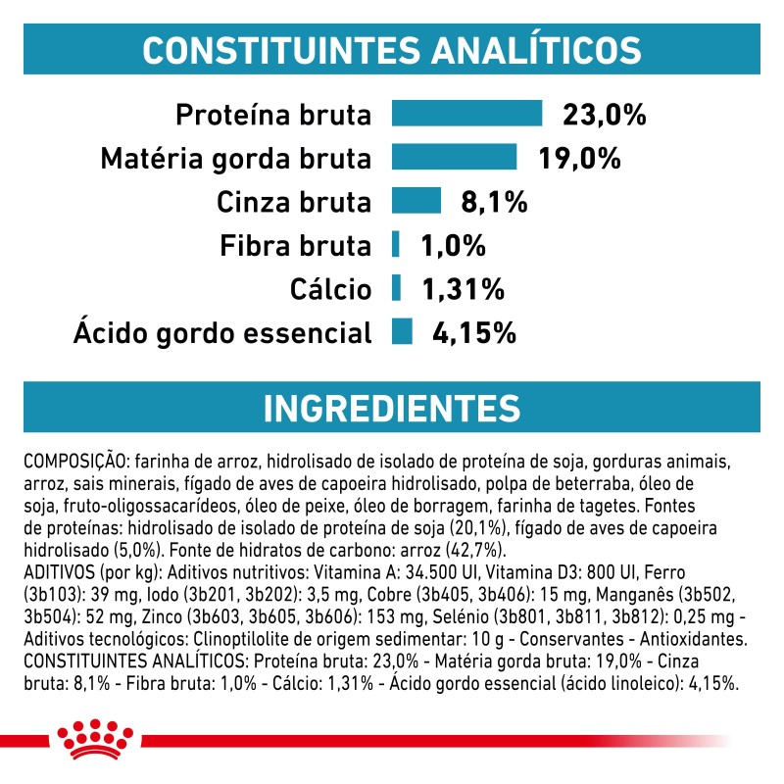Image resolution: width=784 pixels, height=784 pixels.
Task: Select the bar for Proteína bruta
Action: [x=466, y=114]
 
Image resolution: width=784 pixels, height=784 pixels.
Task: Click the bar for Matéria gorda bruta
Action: [x=454, y=158]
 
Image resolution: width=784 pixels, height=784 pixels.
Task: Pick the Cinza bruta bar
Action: [x=416, y=202]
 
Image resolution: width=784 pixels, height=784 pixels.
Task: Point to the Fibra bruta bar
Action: [x=396, y=245]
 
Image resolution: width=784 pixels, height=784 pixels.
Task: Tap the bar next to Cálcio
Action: [x=396, y=288]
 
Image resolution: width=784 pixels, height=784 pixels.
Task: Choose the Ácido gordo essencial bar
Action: [x=401, y=332]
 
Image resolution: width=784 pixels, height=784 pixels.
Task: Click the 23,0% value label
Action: [x=604, y=115]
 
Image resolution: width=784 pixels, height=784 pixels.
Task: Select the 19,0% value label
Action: [x=578, y=158]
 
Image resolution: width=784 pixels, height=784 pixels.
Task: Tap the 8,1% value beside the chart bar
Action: [x=494, y=202]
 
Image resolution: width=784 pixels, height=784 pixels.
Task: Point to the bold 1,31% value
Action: [x=462, y=288]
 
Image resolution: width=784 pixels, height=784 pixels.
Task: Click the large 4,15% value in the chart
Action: [x=473, y=332]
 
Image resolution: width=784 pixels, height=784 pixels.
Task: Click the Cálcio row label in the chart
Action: [x=331, y=289]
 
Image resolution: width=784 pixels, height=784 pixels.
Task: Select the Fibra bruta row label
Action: [x=295, y=245]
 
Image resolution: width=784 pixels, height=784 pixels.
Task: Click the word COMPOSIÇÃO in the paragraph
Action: [x=74, y=461]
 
